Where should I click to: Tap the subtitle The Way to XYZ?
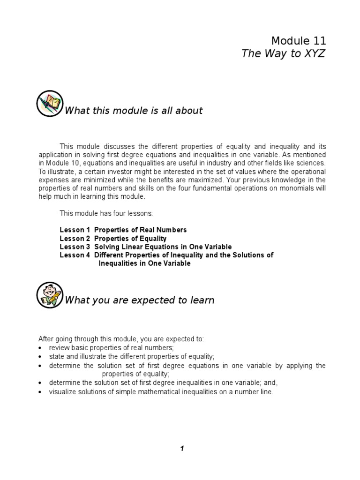(283, 54)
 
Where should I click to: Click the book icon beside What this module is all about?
(49, 104)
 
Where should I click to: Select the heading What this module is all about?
(134, 111)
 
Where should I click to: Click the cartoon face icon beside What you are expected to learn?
(49, 294)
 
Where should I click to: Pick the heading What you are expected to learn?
(139, 300)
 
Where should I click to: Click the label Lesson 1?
(75, 230)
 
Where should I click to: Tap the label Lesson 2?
(75, 238)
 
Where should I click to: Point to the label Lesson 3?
(75, 247)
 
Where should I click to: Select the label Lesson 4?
(75, 255)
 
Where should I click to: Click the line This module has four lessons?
(99, 213)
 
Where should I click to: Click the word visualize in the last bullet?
(62, 391)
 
